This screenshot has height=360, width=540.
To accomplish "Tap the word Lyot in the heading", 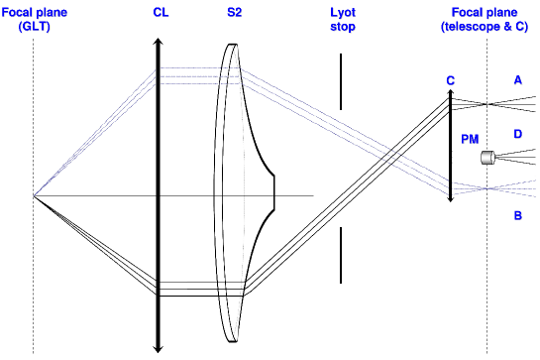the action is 341,13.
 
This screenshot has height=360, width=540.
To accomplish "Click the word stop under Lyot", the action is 341,27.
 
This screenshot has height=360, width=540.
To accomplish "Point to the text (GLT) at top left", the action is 32,27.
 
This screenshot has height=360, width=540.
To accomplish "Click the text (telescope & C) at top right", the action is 486,27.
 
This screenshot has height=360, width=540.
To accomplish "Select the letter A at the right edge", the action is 517,79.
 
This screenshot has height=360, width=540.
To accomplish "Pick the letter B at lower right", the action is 517,213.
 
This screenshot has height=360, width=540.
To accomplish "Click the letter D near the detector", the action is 517,132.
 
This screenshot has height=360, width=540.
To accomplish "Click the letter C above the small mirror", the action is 450,80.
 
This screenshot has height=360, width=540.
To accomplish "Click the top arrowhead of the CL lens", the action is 158,43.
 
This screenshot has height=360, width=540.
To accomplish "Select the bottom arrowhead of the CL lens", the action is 158,347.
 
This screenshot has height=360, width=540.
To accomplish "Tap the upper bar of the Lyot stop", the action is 341,81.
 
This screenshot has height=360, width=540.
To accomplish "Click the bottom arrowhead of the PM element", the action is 450,198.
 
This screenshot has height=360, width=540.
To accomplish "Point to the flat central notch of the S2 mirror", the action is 274,195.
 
